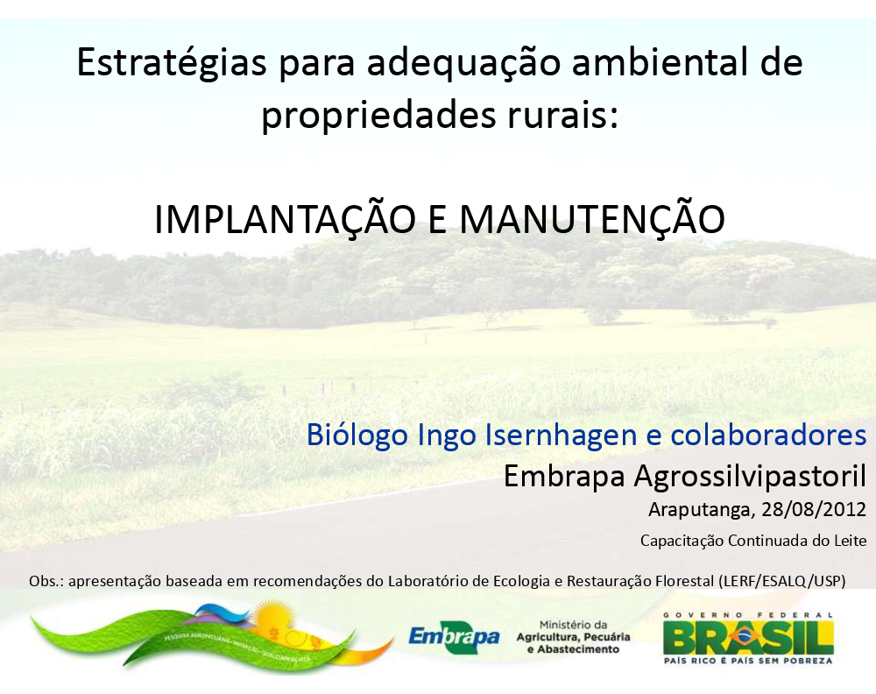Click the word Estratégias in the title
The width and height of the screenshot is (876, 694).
point(172,63)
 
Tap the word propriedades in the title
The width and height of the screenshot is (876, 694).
point(378,116)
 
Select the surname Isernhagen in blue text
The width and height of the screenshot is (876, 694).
point(561,436)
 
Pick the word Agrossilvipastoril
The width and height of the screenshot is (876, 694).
point(750,477)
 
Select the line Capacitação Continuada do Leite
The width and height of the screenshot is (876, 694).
point(753,541)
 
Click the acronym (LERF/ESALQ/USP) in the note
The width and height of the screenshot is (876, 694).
point(782,581)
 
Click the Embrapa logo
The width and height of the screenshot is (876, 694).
point(454,636)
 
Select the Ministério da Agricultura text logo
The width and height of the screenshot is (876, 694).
point(573,637)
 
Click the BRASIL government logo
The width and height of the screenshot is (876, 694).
point(748,638)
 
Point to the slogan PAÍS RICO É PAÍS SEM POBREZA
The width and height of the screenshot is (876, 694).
point(748,661)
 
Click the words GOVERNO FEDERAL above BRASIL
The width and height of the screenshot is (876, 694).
point(748,614)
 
